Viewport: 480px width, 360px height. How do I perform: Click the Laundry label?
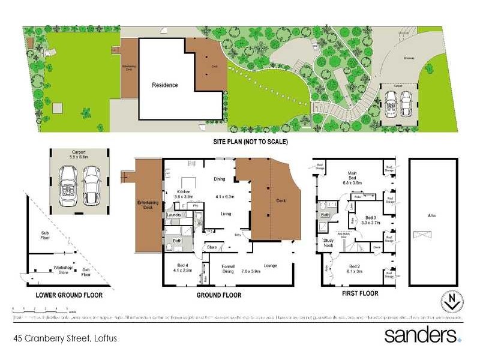click(175, 214)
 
